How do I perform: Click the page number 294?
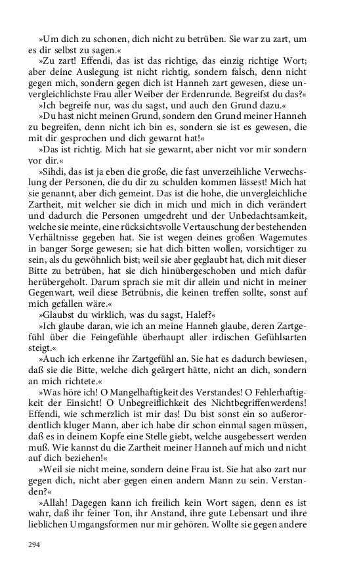(x=34, y=544)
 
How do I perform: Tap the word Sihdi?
(x=54, y=171)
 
